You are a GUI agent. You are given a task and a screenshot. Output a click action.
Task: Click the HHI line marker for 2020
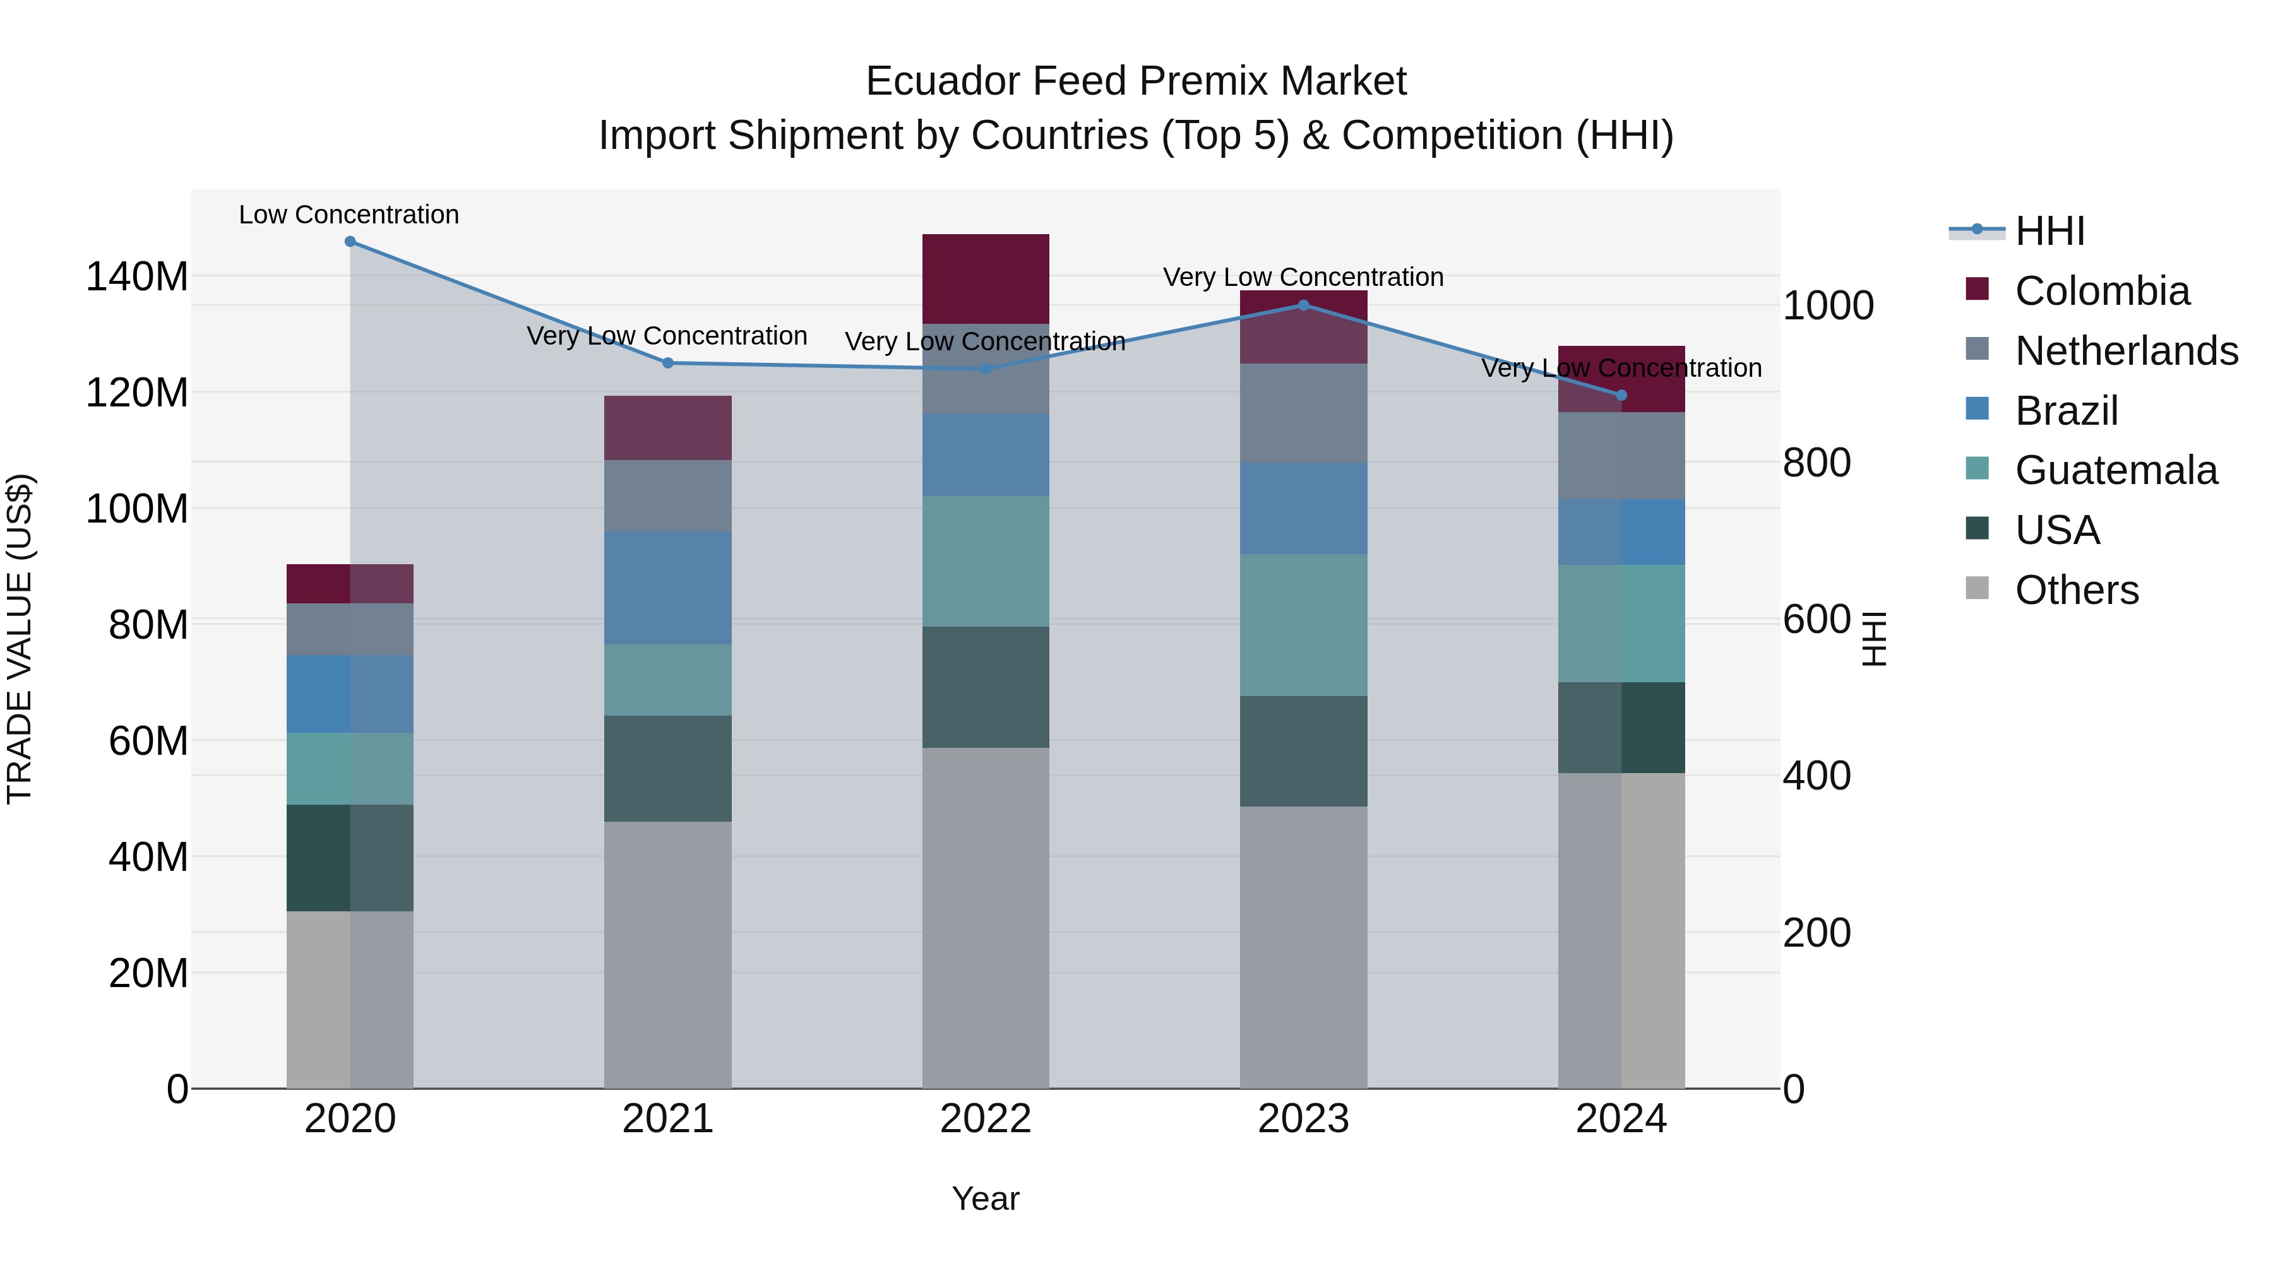350,242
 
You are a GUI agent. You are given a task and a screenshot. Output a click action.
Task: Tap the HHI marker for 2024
1621,395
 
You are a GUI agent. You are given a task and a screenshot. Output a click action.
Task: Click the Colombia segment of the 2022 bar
986,279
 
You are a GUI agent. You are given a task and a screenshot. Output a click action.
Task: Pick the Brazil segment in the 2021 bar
668,588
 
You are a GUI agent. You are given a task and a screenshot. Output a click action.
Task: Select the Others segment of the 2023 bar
1303,947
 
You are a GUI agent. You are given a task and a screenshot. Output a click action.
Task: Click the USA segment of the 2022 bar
986,687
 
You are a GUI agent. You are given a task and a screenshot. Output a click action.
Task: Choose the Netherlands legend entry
2127,351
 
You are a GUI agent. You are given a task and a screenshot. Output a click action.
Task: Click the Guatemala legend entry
2116,470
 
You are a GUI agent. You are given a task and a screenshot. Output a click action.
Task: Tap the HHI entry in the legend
2049,231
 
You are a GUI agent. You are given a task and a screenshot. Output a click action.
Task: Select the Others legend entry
2076,590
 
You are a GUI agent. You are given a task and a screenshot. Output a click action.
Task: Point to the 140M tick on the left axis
137,277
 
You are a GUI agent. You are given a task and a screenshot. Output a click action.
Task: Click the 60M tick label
148,741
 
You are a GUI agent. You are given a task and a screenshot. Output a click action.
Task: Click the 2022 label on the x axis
986,1119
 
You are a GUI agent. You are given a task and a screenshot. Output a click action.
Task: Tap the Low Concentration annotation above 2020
349,215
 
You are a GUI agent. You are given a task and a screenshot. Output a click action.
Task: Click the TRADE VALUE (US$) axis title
20,639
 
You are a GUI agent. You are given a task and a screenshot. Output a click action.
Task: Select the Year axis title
986,1198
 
